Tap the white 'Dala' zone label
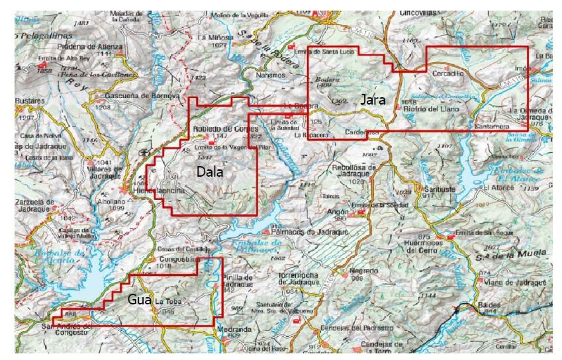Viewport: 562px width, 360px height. (211, 171)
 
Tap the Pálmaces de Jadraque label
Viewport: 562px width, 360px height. (299, 232)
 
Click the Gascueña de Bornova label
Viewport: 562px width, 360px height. (142, 95)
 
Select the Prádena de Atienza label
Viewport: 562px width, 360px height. (90, 46)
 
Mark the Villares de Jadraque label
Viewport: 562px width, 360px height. (101, 169)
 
